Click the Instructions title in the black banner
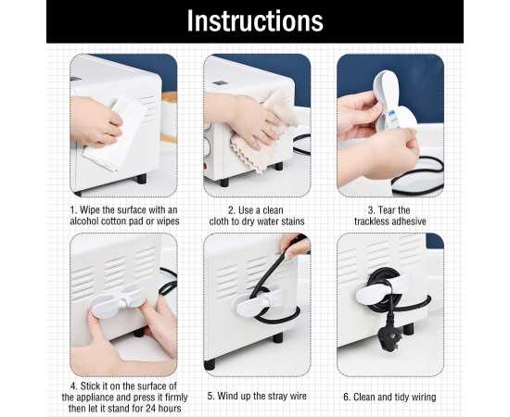255,20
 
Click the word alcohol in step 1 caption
84,221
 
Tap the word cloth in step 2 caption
219,221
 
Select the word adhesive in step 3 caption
408,221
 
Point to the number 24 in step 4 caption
151,408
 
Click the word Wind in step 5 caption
226,396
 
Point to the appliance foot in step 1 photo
142,179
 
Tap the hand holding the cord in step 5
295,245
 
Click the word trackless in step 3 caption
371,221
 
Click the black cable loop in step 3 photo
417,176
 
